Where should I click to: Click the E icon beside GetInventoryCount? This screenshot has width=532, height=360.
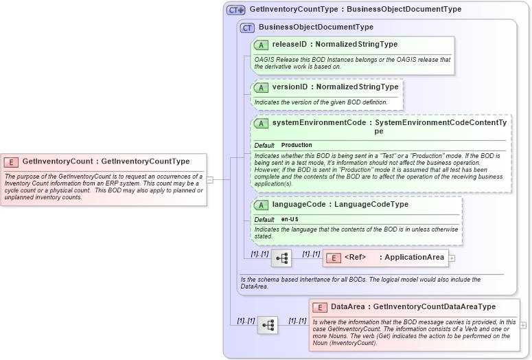11,161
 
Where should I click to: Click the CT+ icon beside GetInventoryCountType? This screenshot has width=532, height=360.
236,10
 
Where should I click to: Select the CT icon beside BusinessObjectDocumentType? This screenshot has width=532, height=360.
247,27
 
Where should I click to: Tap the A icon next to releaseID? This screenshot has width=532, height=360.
261,45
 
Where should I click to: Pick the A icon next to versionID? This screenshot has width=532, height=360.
261,87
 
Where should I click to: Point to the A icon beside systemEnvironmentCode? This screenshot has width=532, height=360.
261,124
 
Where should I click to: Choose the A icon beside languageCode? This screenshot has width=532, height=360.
261,205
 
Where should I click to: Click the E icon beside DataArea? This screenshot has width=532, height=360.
319,307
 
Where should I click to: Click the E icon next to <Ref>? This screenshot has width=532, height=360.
333,258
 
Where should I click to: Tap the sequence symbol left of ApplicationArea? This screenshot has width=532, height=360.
281,258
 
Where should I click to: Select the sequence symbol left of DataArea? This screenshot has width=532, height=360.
268,325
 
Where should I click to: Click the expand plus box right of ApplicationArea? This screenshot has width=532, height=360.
452,258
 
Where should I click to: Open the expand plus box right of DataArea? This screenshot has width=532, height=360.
524,325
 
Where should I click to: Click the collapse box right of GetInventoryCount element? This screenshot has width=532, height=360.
210,180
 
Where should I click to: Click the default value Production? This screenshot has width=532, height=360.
297,146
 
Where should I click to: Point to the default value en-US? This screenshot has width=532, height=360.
290,219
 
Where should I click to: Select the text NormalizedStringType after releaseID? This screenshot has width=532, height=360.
356,45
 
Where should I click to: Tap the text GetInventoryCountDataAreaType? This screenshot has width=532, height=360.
435,307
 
